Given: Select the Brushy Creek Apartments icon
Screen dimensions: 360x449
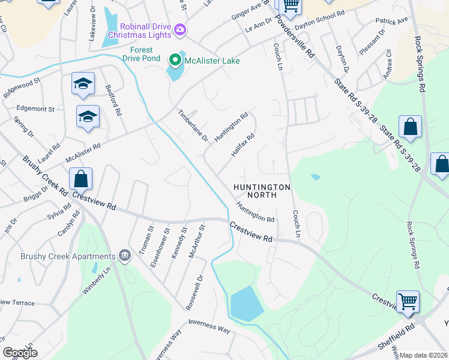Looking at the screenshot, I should tap(125, 256).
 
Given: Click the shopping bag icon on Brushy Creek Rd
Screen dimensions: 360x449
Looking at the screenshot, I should tap(80, 179).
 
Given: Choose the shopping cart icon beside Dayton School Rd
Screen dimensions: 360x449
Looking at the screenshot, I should tap(291, 6).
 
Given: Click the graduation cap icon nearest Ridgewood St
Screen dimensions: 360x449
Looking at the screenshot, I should tap(83, 85).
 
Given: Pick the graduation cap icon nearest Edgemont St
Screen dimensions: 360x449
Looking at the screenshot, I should tap(88, 117).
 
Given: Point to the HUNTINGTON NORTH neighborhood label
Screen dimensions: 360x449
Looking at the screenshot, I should tap(262, 191).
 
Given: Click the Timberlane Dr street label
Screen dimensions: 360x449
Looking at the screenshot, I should tap(192, 125).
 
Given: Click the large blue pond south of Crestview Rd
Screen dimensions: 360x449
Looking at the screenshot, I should tap(247, 302).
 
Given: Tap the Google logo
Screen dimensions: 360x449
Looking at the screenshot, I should tap(20, 353).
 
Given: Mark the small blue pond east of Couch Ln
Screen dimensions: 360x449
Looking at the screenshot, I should tap(315, 177).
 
